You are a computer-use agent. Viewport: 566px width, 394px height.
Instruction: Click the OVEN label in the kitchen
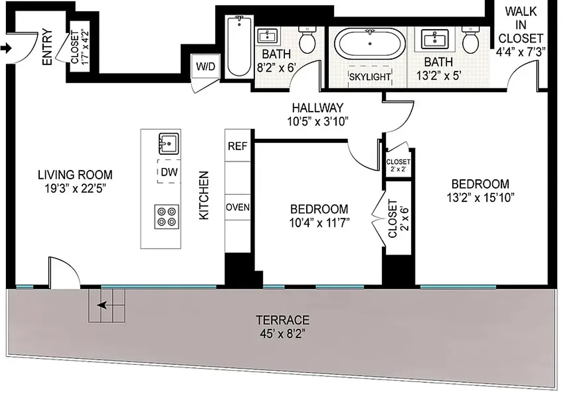(238, 207)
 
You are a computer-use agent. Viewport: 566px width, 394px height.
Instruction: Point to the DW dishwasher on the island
(169, 172)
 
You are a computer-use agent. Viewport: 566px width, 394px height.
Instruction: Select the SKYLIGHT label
(369, 77)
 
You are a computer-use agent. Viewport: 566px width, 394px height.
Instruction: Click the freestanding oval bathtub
(370, 44)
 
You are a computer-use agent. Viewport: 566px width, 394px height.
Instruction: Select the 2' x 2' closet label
(398, 165)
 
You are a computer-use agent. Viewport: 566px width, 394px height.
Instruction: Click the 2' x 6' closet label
(398, 218)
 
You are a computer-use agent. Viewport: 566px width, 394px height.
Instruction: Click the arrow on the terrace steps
(103, 305)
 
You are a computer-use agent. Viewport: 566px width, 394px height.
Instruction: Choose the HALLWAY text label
(317, 107)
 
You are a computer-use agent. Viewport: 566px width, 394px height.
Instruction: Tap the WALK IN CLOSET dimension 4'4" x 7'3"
(521, 52)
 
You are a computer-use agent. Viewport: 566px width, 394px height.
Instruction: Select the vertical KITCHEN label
(204, 195)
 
